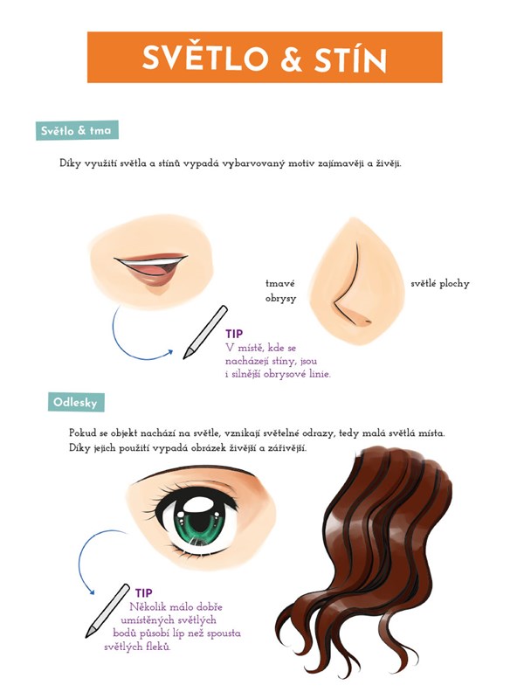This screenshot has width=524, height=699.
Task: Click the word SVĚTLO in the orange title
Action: [x=205, y=58]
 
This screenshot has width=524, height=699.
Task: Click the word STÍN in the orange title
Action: [x=350, y=58]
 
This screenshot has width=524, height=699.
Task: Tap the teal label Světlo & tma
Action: [x=77, y=130]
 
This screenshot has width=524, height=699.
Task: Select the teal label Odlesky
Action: [x=76, y=402]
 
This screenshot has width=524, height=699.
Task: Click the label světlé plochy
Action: [x=440, y=284]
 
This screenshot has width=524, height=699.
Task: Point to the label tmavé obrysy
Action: [x=280, y=291]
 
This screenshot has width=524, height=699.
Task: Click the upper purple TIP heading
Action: [x=234, y=334]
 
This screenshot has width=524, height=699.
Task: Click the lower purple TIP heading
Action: [x=144, y=593]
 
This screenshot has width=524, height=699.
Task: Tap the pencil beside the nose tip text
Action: [x=205, y=332]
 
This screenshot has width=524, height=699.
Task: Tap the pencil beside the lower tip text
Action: [x=107, y=610]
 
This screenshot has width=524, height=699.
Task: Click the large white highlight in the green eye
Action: [x=199, y=506]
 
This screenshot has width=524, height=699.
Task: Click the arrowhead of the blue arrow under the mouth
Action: [x=169, y=353]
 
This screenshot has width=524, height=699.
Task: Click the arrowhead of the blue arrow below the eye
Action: [x=92, y=592]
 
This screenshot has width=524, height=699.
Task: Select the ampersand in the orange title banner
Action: [x=292, y=59]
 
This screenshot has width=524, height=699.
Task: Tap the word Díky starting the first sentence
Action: [x=71, y=163]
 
